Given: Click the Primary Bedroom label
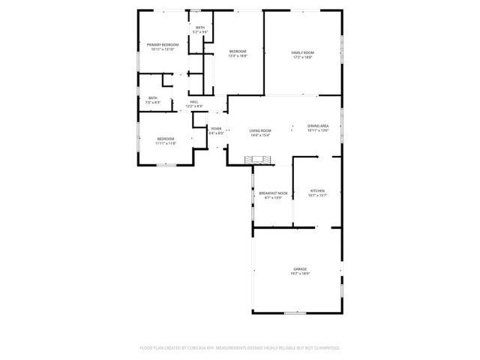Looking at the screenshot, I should pos(162,45).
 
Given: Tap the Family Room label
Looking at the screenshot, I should pos(302,52).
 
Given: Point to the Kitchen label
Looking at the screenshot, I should pos(317,191).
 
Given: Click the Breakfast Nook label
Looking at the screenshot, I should pos(273,193).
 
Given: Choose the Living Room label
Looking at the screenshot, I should pos(260,131).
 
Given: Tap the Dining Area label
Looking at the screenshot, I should pos(318,126).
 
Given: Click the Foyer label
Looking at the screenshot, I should pos(216,129).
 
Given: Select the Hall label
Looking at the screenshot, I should pos(194,102).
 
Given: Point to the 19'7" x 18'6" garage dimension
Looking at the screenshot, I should pos(301,273).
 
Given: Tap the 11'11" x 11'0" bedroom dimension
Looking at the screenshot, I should pos(166,142).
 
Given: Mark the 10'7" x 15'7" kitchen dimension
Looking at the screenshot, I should pos(317,196).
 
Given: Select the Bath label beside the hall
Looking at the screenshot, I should pos(153,97).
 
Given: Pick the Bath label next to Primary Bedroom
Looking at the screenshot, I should pos(199,28).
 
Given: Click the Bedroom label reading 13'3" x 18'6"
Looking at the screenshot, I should pos(238,51).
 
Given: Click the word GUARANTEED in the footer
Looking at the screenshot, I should pos(325,348).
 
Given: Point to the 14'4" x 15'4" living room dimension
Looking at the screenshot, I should pos(260,136).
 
